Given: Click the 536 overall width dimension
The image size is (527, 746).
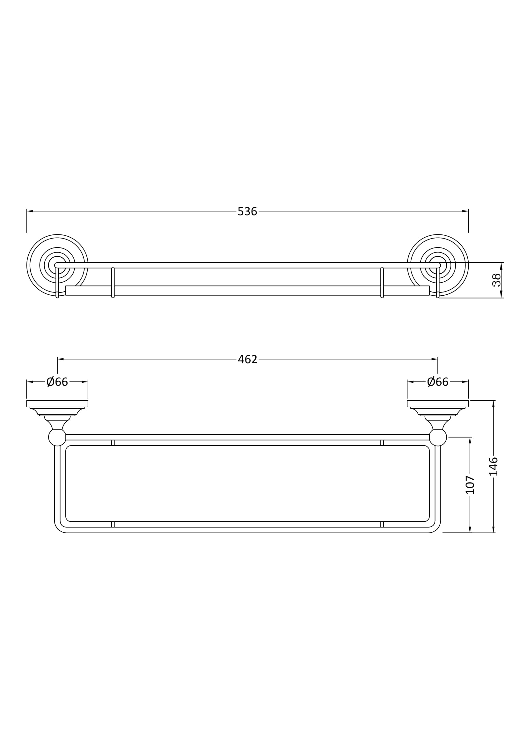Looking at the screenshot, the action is pos(247,211).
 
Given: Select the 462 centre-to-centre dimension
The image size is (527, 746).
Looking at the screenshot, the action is pos(247,359).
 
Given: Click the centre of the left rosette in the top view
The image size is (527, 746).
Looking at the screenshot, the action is pos(57,265).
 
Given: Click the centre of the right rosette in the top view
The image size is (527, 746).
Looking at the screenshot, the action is pos(438,265).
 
